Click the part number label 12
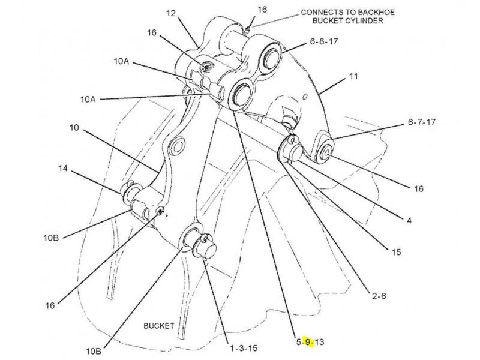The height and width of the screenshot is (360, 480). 171,13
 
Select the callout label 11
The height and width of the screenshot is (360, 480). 353,77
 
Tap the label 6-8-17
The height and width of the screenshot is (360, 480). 325,42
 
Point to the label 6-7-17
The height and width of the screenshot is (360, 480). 422,122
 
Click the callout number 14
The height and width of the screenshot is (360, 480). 63,169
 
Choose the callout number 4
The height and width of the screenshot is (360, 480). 409,220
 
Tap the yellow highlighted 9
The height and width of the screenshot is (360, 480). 308,342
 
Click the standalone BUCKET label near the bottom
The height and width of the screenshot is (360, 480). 158,326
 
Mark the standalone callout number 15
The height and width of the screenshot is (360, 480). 396,253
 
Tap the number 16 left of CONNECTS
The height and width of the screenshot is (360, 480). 262,9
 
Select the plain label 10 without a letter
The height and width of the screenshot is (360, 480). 74,128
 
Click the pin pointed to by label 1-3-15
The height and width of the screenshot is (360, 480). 200,242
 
